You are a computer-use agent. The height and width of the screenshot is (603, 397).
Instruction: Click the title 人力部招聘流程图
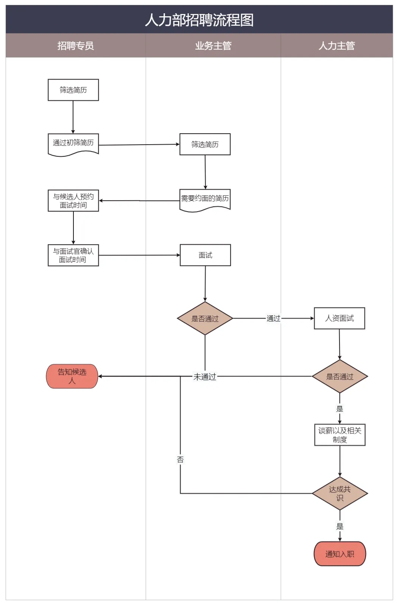tap(199, 20)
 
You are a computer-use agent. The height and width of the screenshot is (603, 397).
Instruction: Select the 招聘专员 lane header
tap(76, 46)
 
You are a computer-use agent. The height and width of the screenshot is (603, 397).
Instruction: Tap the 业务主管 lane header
tap(213, 46)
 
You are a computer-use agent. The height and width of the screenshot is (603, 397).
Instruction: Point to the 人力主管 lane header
tap(337, 46)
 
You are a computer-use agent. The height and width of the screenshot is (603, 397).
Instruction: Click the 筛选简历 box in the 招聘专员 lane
tap(73, 90)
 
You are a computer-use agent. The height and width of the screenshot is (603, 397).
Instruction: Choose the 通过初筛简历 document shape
tap(73, 143)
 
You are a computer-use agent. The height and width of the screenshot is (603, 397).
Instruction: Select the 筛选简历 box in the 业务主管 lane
tap(205, 144)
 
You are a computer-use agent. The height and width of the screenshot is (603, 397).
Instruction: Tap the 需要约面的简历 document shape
tap(205, 199)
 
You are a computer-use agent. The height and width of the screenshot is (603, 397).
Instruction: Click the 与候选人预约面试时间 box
tap(73, 201)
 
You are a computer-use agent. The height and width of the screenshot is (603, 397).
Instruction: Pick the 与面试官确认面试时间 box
tap(73, 256)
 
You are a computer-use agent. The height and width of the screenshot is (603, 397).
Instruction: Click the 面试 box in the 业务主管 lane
tap(205, 255)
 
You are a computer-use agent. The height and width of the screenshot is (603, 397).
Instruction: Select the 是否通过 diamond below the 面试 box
tap(205, 318)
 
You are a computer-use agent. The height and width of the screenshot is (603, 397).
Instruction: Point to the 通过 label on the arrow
tap(274, 318)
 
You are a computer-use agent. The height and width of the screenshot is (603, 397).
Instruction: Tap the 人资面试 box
tap(339, 318)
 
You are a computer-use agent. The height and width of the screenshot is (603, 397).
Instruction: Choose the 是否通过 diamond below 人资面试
tap(339, 377)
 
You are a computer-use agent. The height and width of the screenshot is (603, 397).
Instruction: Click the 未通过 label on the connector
tap(205, 377)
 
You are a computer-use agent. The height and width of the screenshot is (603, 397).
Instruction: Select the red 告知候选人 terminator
tap(72, 376)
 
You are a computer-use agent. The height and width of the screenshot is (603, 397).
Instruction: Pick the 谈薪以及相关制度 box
tap(340, 435)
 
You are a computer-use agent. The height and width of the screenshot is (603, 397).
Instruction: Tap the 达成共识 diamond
tap(340, 494)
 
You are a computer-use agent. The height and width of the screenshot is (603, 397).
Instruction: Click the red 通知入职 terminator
tap(340, 554)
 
